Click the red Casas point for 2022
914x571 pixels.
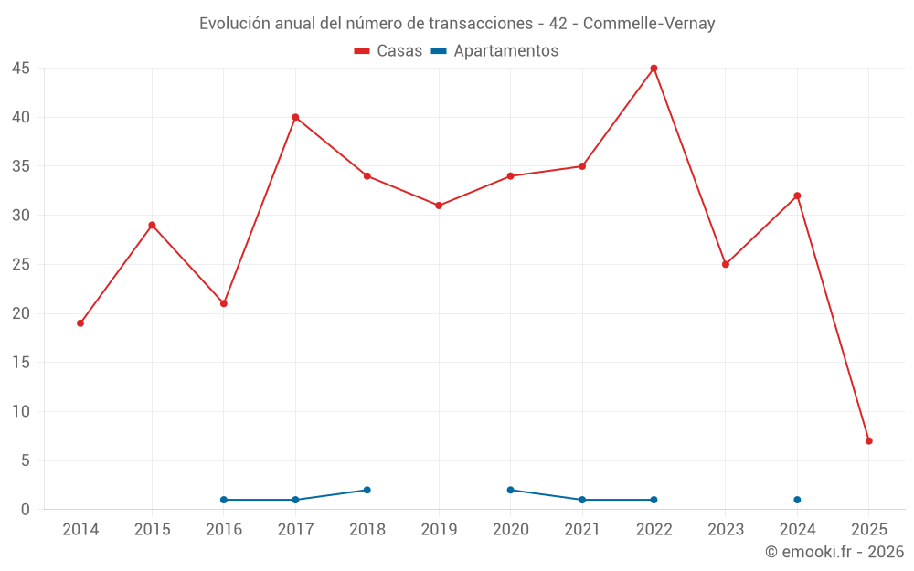click(654, 68)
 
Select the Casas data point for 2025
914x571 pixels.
click(868, 440)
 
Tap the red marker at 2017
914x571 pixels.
click(295, 117)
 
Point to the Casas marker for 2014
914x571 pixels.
click(80, 323)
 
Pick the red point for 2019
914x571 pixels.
click(439, 206)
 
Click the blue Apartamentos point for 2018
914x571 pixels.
click(367, 490)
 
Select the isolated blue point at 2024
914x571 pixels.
click(797, 500)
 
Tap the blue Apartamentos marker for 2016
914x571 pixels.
click(224, 500)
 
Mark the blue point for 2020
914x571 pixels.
click(510, 490)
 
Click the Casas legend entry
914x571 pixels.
click(388, 51)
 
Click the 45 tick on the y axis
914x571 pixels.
click(21, 69)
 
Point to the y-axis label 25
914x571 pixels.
click(21, 265)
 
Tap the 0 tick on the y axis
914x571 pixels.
click(26, 510)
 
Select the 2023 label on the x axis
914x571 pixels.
click(726, 530)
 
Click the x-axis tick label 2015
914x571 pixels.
click(152, 530)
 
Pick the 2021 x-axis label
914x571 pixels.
click(582, 530)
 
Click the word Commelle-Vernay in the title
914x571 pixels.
click(649, 24)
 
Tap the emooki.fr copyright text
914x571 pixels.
click(834, 552)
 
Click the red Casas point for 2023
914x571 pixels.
click(726, 264)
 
